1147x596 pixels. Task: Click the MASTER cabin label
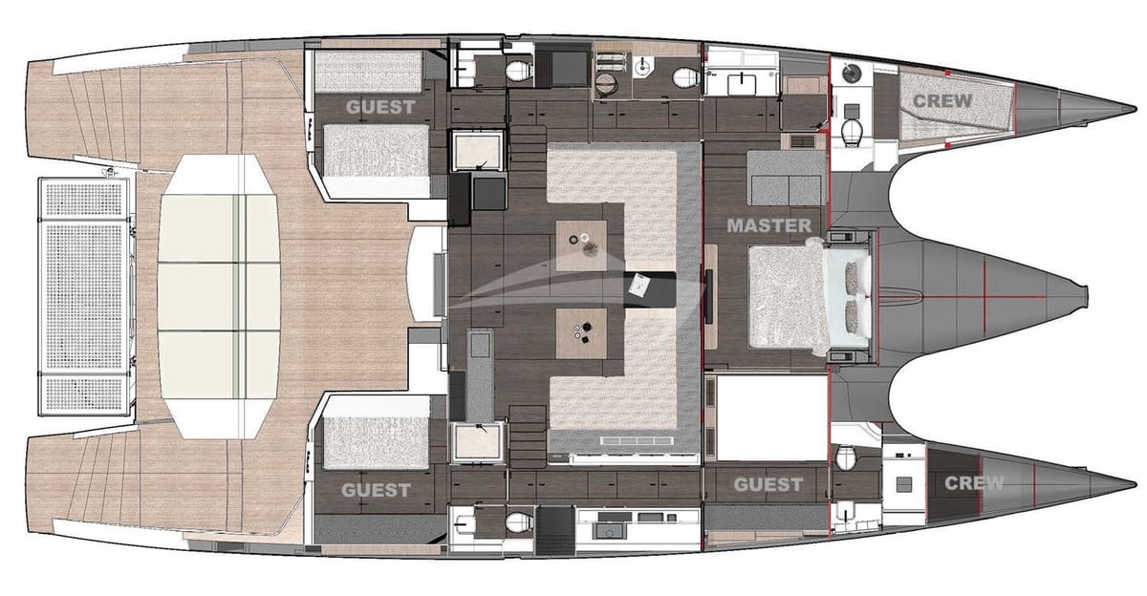768,226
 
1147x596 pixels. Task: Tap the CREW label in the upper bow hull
941,100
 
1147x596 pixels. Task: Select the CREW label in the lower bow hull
974,483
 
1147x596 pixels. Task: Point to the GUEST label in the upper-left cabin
380,107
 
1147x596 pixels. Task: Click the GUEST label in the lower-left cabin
376,490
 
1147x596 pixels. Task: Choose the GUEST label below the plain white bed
768,484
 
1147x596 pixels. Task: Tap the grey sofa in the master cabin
785,176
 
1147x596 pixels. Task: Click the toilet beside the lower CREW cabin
845,458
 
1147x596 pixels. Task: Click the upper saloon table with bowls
581,241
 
